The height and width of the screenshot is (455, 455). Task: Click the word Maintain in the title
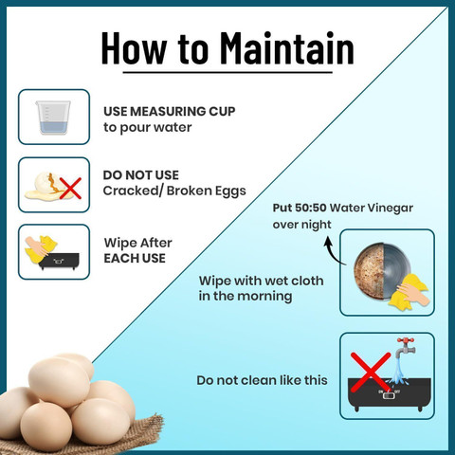click(x=286, y=48)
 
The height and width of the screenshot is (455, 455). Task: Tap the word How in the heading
click(x=134, y=48)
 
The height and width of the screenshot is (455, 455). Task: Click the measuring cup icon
click(x=53, y=118)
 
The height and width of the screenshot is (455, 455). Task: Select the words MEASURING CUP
click(x=183, y=111)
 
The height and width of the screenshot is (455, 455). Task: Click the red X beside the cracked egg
click(x=70, y=189)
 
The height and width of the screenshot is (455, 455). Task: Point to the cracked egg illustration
click(x=47, y=186)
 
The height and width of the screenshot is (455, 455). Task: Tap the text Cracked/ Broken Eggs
click(x=174, y=191)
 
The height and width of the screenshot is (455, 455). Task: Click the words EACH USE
click(x=135, y=259)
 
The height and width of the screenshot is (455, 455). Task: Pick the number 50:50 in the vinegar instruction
click(x=311, y=208)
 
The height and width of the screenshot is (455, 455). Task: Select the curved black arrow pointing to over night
click(x=333, y=251)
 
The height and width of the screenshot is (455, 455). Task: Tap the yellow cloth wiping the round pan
click(x=409, y=292)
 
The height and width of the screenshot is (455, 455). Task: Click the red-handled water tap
click(x=406, y=348)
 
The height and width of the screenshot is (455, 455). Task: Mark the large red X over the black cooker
click(x=371, y=373)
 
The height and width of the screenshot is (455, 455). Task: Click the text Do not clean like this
click(x=262, y=380)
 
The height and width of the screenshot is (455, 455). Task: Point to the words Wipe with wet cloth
click(x=262, y=281)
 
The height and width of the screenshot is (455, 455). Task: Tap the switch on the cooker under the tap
click(x=389, y=395)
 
